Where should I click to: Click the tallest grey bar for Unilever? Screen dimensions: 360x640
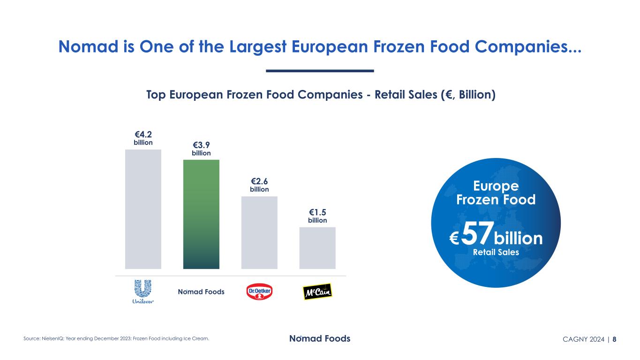click(143, 209)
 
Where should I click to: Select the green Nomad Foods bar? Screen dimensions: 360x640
click(201, 214)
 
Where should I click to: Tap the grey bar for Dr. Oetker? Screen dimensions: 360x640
click(259, 232)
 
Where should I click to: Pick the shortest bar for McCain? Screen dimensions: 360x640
click(317, 248)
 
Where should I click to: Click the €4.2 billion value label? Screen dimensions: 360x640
click(143, 138)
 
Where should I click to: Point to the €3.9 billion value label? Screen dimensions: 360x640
click(201, 149)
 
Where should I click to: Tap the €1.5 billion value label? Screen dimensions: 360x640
click(317, 216)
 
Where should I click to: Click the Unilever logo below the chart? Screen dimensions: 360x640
click(143, 292)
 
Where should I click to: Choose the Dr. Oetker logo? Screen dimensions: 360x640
click(259, 292)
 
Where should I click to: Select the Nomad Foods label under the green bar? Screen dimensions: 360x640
click(201, 292)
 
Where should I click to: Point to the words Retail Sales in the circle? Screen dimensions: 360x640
click(496, 252)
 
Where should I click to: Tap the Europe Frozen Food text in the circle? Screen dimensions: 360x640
click(496, 193)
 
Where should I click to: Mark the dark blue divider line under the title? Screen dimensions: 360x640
click(320, 71)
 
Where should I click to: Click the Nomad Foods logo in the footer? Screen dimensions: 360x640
click(320, 339)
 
